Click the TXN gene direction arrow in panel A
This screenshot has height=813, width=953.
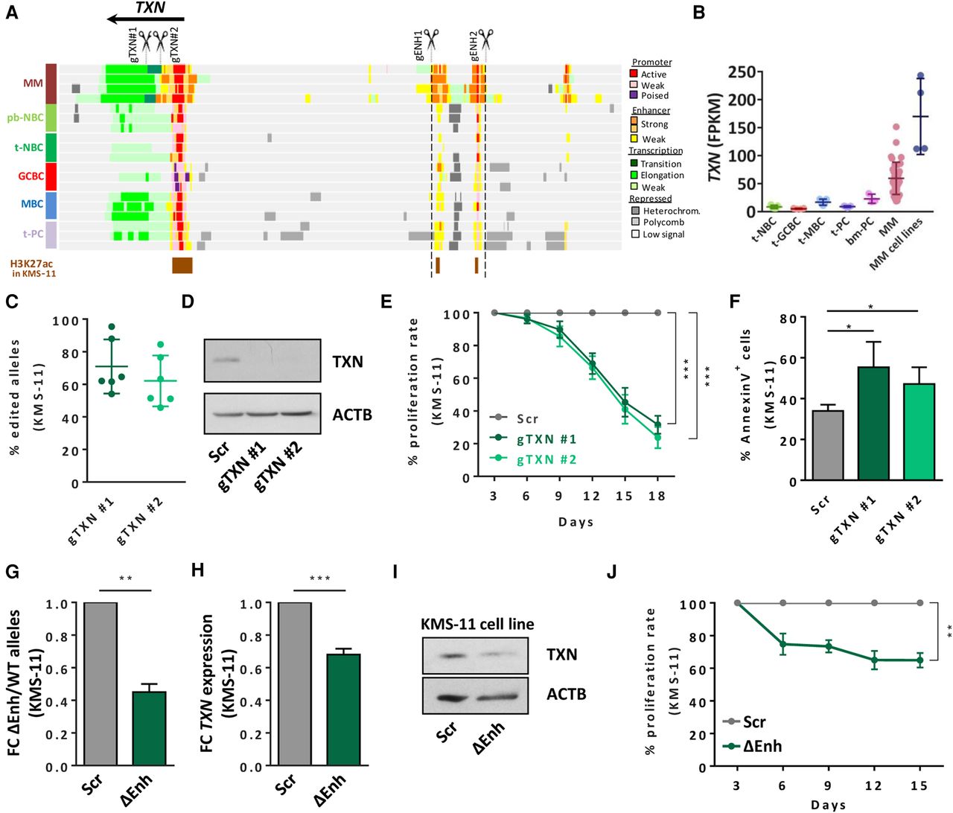[x=145, y=19]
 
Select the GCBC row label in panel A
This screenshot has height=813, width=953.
[x=31, y=176]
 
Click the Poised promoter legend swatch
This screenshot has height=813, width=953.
[x=634, y=95]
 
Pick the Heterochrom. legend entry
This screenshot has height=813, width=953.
[x=666, y=211]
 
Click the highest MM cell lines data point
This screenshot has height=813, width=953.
[x=921, y=76]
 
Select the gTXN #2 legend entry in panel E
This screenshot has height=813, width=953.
[x=533, y=460]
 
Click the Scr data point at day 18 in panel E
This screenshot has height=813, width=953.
[x=658, y=313]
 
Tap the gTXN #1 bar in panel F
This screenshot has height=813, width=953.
[x=873, y=424]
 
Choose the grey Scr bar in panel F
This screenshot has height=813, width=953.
[x=828, y=445]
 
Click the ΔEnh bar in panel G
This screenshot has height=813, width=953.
[x=149, y=729]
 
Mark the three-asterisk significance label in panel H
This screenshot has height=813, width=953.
[x=319, y=578]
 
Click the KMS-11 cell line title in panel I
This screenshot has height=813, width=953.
[x=477, y=624]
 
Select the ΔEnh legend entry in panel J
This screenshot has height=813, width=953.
[x=752, y=747]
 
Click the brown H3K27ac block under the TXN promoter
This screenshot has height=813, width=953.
[x=182, y=265]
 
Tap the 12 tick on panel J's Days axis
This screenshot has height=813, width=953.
[x=873, y=785]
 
